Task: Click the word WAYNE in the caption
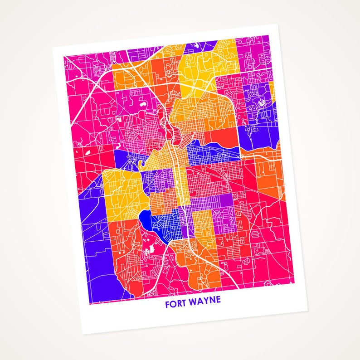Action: (205, 302)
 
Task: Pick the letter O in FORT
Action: (173, 303)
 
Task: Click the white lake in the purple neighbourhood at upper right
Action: (262, 103)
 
